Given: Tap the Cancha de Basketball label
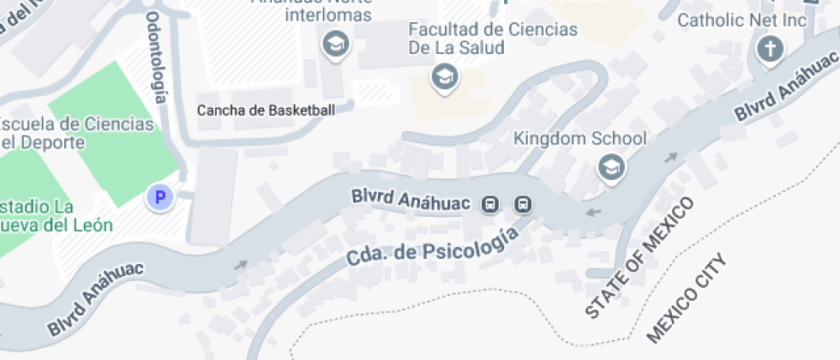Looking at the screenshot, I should coord(266,110).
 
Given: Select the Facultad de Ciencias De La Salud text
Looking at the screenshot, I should coord(493,39).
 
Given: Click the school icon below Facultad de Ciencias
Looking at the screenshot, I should coord(444,77).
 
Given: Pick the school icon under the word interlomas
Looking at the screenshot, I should coord(334,44).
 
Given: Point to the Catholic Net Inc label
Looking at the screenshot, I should coord(742,20).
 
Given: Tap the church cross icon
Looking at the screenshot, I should coord(770,50).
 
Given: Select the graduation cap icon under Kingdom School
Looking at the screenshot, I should coord(610,167).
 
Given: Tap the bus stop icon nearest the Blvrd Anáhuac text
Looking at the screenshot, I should coord(490,204).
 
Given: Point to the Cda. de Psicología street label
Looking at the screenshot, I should coord(433,245).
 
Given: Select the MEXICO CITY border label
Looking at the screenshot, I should coord(686,296).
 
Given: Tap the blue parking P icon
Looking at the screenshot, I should coord(159,198).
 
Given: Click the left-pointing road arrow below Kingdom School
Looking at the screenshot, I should coord(593,211).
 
